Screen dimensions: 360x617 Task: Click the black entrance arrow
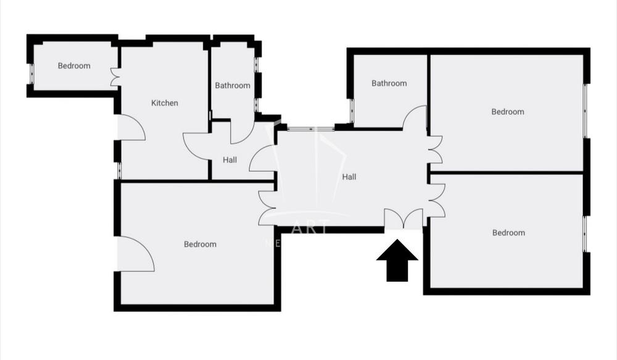[397, 260]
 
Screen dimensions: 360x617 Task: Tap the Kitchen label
[165, 103]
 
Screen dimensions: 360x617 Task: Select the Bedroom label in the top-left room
[74, 66]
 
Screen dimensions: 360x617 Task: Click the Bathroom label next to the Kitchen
[233, 86]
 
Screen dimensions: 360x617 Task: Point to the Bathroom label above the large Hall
[389, 83]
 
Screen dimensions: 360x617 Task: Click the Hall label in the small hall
[230, 160]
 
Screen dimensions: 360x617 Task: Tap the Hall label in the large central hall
[349, 177]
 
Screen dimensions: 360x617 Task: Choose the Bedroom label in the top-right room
[508, 112]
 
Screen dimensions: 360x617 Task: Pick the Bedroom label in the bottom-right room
[508, 233]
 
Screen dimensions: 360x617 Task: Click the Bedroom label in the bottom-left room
[201, 245]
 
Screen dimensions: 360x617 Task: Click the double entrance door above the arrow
[404, 219]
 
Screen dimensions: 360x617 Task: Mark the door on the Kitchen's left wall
[131, 128]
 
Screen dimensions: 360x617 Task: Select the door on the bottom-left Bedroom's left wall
[136, 253]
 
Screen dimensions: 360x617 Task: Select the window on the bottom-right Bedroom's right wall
[585, 233]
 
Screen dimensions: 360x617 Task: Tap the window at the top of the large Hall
[311, 128]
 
